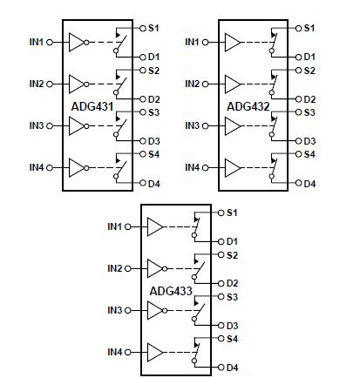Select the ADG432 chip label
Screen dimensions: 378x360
tap(251, 105)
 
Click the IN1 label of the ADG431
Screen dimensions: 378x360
tap(36, 41)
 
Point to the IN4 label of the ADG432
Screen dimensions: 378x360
tap(192, 166)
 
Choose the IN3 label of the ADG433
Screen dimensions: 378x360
tap(115, 310)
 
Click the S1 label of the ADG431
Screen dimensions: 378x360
tap(153, 28)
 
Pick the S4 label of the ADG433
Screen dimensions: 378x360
tap(233, 338)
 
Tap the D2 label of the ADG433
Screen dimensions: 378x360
tap(233, 283)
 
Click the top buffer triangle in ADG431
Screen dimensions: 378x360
tap(78, 41)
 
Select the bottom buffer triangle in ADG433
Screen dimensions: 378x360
tap(156, 352)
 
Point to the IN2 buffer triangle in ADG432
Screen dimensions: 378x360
tap(233, 83)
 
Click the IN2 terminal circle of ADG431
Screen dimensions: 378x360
tap(50, 84)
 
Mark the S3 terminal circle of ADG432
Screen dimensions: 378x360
tap(298, 111)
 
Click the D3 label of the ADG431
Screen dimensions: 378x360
tap(153, 140)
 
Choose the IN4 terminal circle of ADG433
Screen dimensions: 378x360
tap(129, 352)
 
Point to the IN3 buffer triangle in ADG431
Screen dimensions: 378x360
tap(78, 125)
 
